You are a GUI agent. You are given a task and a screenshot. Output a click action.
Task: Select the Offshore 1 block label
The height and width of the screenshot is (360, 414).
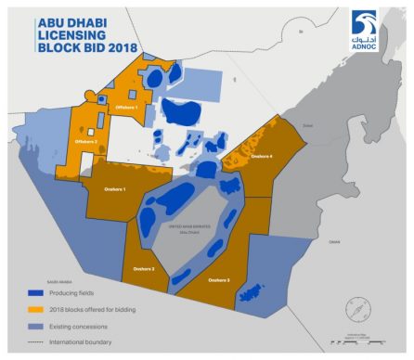[126, 109]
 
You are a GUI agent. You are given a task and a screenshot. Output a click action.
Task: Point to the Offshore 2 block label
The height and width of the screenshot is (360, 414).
[85, 141]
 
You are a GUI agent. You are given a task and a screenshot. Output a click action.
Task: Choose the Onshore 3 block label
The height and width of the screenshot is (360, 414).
[219, 279]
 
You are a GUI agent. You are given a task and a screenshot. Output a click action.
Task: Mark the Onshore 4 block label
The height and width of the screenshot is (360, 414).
[261, 157]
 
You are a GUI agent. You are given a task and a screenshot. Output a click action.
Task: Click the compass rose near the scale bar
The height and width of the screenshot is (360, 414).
[358, 307]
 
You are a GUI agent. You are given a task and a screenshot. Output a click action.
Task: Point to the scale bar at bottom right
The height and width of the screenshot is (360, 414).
[357, 341]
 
